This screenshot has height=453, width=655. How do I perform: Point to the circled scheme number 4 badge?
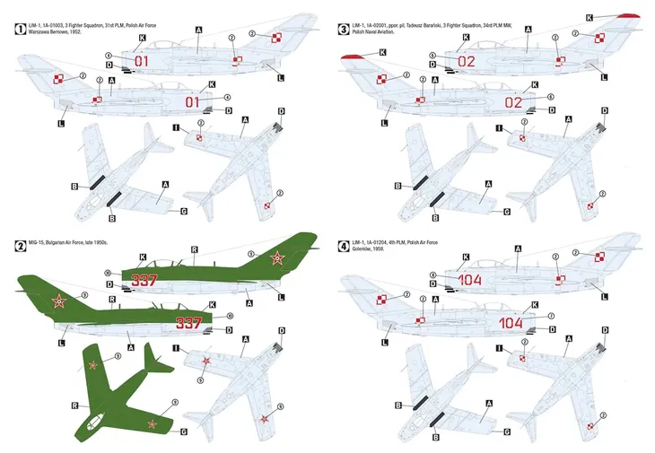(344, 244)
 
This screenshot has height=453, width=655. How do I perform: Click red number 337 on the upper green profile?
(144, 280)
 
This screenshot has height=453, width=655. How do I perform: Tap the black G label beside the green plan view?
(183, 431)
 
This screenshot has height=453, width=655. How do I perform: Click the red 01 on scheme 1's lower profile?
(192, 102)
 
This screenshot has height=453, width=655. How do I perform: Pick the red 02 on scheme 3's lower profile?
(513, 102)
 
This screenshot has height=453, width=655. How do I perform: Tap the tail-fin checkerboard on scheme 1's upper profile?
(277, 37)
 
